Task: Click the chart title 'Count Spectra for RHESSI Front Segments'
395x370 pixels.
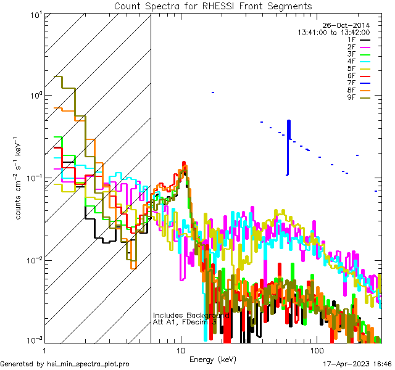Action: pyautogui.click(x=213, y=6)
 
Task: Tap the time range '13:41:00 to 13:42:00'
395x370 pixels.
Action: pyautogui.click(x=333, y=32)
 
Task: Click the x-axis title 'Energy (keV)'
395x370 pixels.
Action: pyautogui.click(x=213, y=360)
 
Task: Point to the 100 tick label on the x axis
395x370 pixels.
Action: pyautogui.click(x=315, y=350)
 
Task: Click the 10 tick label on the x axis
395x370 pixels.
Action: pyautogui.click(x=180, y=350)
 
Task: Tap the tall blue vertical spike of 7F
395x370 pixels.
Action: pyautogui.click(x=288, y=148)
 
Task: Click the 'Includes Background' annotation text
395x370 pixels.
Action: pyautogui.click(x=191, y=315)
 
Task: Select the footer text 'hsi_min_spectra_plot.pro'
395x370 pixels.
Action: pyautogui.click(x=88, y=364)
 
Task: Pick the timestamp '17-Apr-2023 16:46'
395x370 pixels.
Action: pyautogui.click(x=357, y=364)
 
